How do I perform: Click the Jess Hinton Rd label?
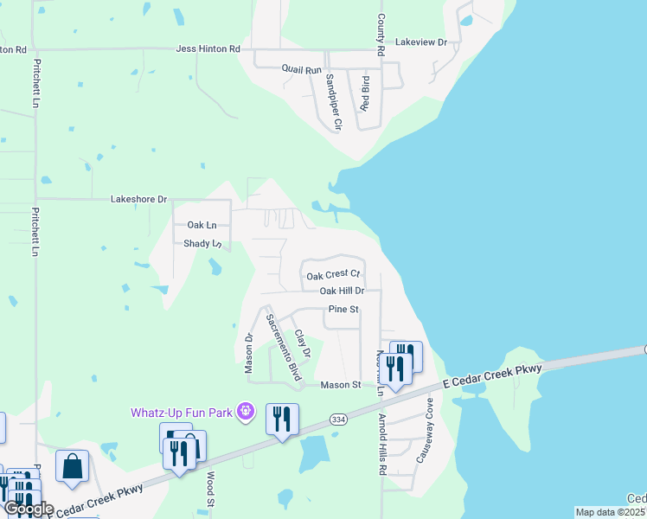pos(208,49)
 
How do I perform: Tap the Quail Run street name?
pos(301,68)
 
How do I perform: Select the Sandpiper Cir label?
pos(333,101)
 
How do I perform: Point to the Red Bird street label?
pos(366,93)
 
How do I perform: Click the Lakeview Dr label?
pos(420,42)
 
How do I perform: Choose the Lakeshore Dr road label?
pos(138,199)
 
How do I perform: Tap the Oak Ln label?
pos(202,225)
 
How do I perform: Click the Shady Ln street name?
pos(202,244)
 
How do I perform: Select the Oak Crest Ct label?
pos(333,276)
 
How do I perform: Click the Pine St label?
pos(343,310)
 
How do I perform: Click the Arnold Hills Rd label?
pos(381,445)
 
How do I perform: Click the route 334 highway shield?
pos(338,419)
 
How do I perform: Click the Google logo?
pos(28,509)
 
